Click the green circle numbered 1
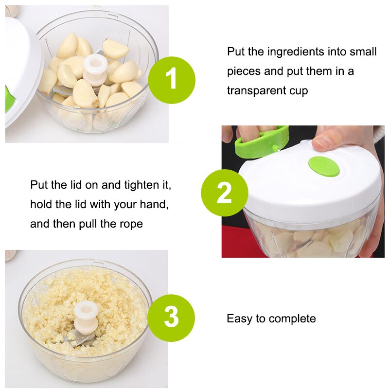tap(171, 80)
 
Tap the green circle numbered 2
tap(224, 193)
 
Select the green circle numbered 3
tap(171, 318)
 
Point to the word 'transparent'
tap(256, 91)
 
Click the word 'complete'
tap(292, 319)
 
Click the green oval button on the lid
tap(324, 166)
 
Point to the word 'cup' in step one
tap(298, 91)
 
